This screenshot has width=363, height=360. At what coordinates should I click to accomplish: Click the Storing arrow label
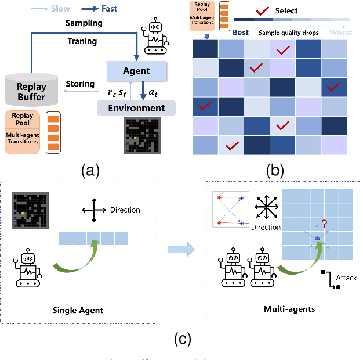coord(79,84)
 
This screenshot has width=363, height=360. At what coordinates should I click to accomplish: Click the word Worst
coord(340,33)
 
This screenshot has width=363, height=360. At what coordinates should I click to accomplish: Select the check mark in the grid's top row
coord(283,51)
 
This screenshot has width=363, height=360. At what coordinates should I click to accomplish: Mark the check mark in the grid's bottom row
coord(231,145)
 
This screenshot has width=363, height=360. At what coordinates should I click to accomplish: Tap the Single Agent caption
coord(77,310)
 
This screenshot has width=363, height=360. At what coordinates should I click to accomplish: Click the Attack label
coord(346,278)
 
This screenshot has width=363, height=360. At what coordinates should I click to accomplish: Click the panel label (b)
coord(274,170)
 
